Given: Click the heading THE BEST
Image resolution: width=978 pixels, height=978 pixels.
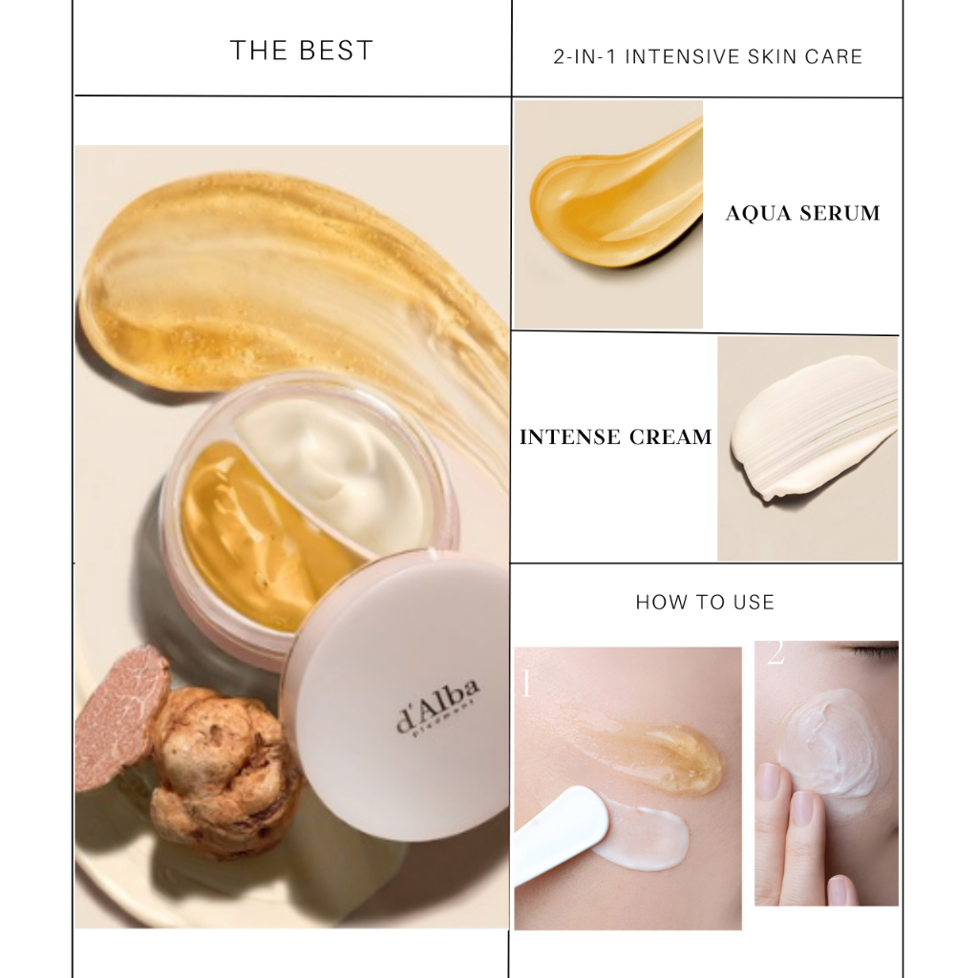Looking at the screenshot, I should [x=302, y=51].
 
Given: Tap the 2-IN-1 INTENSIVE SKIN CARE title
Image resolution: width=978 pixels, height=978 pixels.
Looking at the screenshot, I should [x=708, y=57].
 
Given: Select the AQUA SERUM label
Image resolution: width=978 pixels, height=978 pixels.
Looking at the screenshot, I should [x=802, y=213].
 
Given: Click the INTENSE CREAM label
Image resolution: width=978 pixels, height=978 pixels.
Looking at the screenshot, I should [x=616, y=437].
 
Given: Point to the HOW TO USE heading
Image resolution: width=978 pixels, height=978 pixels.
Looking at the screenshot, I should [x=705, y=603].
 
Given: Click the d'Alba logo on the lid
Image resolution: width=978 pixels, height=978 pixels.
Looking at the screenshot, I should [x=438, y=706].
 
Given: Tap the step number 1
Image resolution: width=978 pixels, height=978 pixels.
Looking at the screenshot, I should [x=525, y=683].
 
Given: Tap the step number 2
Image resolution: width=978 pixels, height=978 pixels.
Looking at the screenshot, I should [x=775, y=654].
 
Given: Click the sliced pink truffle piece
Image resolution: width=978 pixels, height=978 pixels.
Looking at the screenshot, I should [x=119, y=716].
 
